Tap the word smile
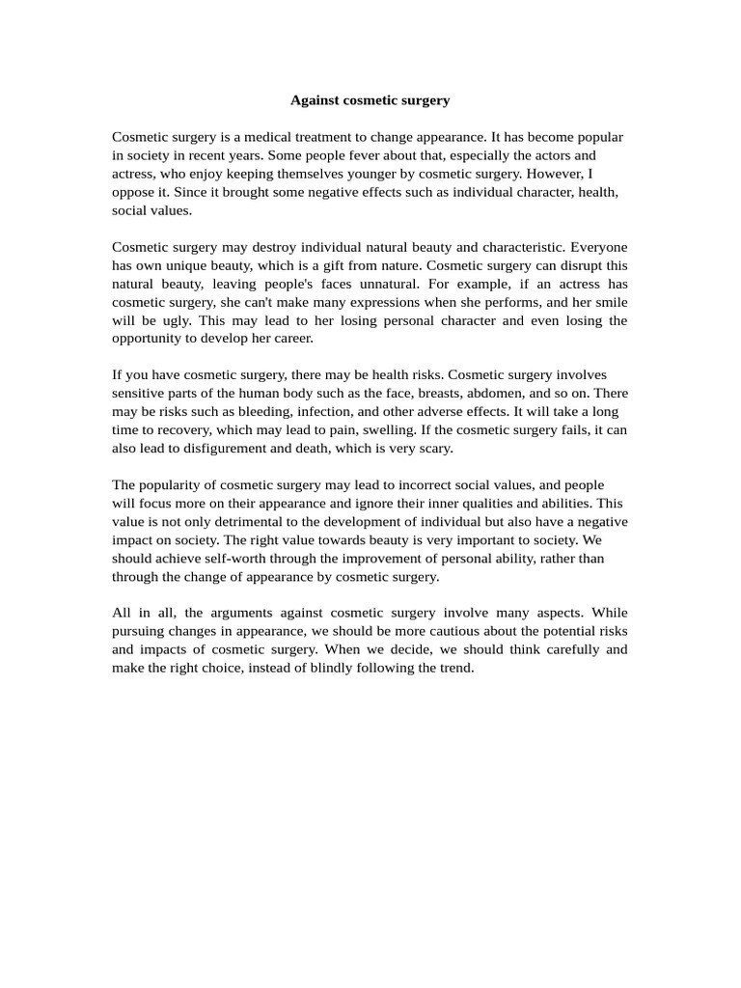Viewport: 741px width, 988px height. point(607,302)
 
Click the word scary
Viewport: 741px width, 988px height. point(433,449)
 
